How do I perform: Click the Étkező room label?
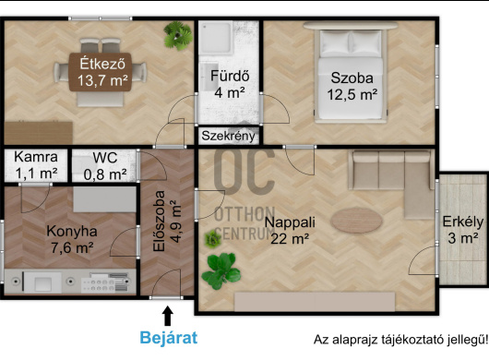coord(102,72)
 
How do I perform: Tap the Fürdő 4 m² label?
coord(230,84)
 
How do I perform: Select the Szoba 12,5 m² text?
coord(352,86)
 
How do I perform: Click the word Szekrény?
coord(228,136)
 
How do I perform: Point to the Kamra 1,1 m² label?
coord(36,165)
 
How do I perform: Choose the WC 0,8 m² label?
coord(105,166)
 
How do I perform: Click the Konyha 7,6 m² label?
coord(72,240)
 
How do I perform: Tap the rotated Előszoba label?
coord(167,222)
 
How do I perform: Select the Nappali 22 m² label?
coord(290,231)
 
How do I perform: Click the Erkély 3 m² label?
coord(463,230)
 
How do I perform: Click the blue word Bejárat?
coord(169,338)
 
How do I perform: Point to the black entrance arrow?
coord(168,316)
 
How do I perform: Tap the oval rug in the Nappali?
coord(356,221)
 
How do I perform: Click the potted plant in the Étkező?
coord(178,36)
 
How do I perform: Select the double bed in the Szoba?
coord(351,75)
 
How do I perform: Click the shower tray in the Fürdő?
coord(216,38)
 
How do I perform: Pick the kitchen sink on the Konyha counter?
coord(42,282)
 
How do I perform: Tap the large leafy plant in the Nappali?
coord(221,271)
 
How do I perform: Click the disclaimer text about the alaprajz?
coord(400,340)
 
